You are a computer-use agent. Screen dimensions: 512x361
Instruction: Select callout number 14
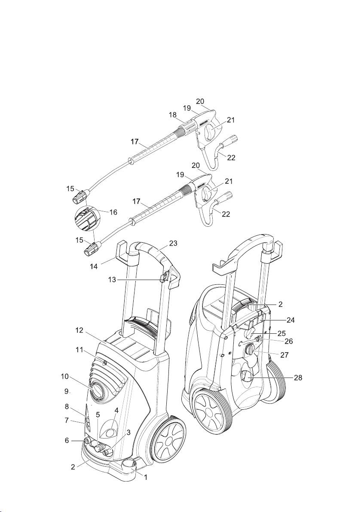click(x=94, y=266)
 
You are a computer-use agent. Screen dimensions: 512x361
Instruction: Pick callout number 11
click(x=78, y=350)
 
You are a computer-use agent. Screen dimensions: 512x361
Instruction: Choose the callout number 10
click(x=64, y=377)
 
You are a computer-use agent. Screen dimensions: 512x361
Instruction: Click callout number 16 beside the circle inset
click(x=113, y=212)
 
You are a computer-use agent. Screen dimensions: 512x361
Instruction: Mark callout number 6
click(x=66, y=441)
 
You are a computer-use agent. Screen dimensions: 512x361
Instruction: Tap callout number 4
click(x=116, y=410)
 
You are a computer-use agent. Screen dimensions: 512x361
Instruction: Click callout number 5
click(x=98, y=414)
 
